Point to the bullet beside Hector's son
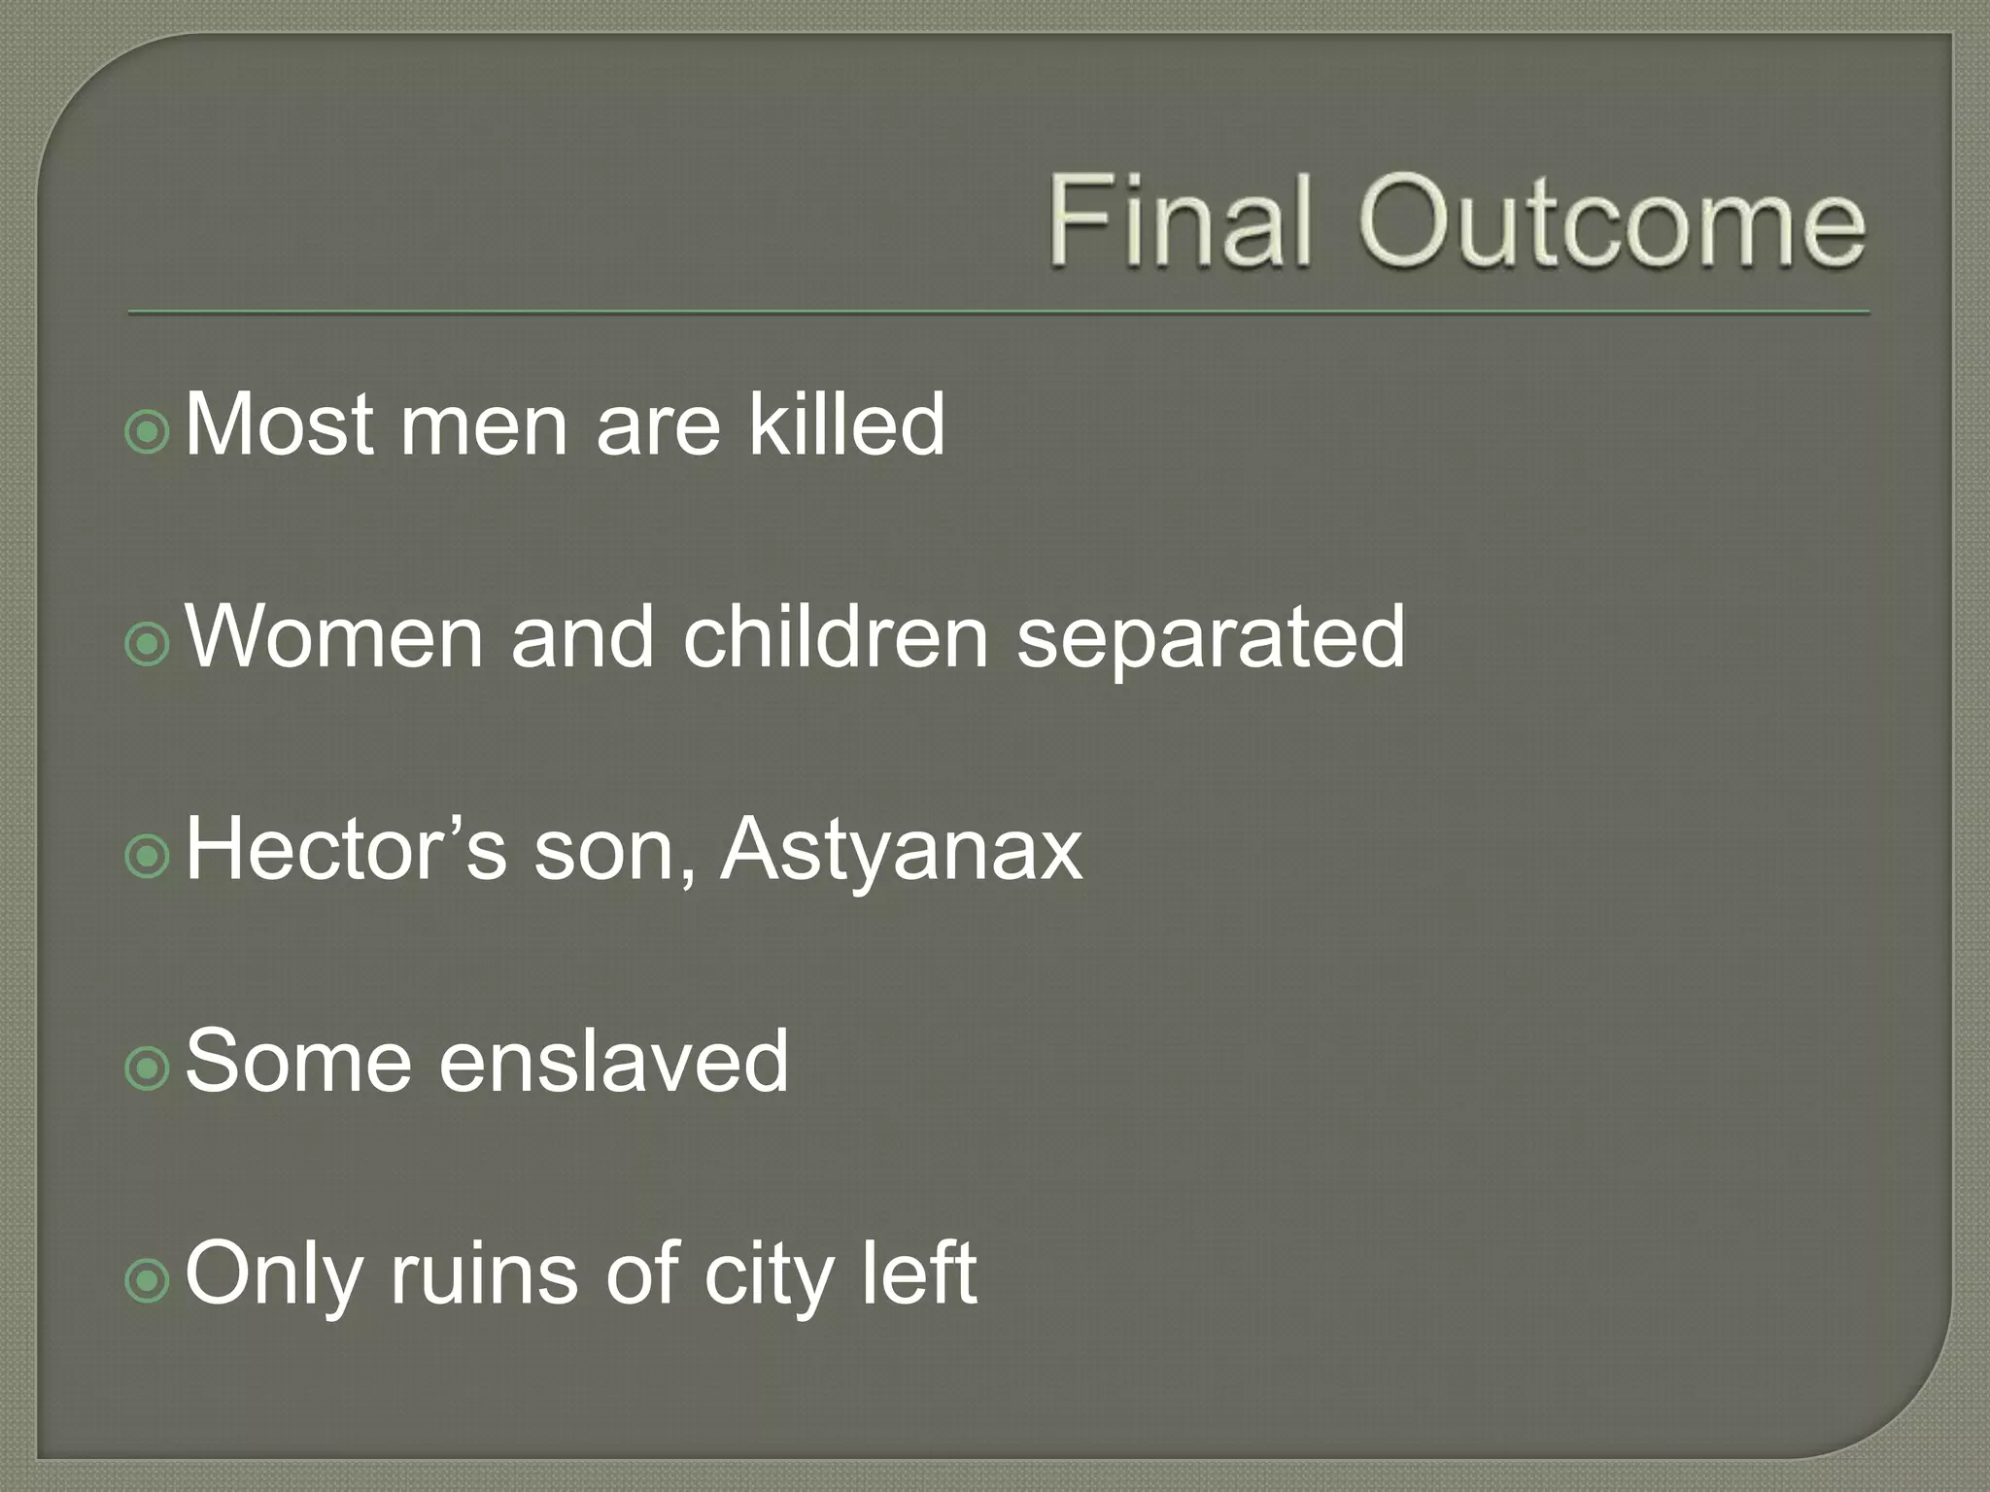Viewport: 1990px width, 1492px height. [x=148, y=855]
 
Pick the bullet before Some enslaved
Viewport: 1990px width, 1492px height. [x=148, y=1067]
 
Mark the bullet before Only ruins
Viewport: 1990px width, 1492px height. [x=148, y=1279]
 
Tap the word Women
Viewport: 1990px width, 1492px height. [x=333, y=636]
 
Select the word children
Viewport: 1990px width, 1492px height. [x=835, y=636]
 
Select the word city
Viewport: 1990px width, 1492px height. [x=768, y=1277]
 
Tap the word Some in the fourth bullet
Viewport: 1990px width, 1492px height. [x=297, y=1061]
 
